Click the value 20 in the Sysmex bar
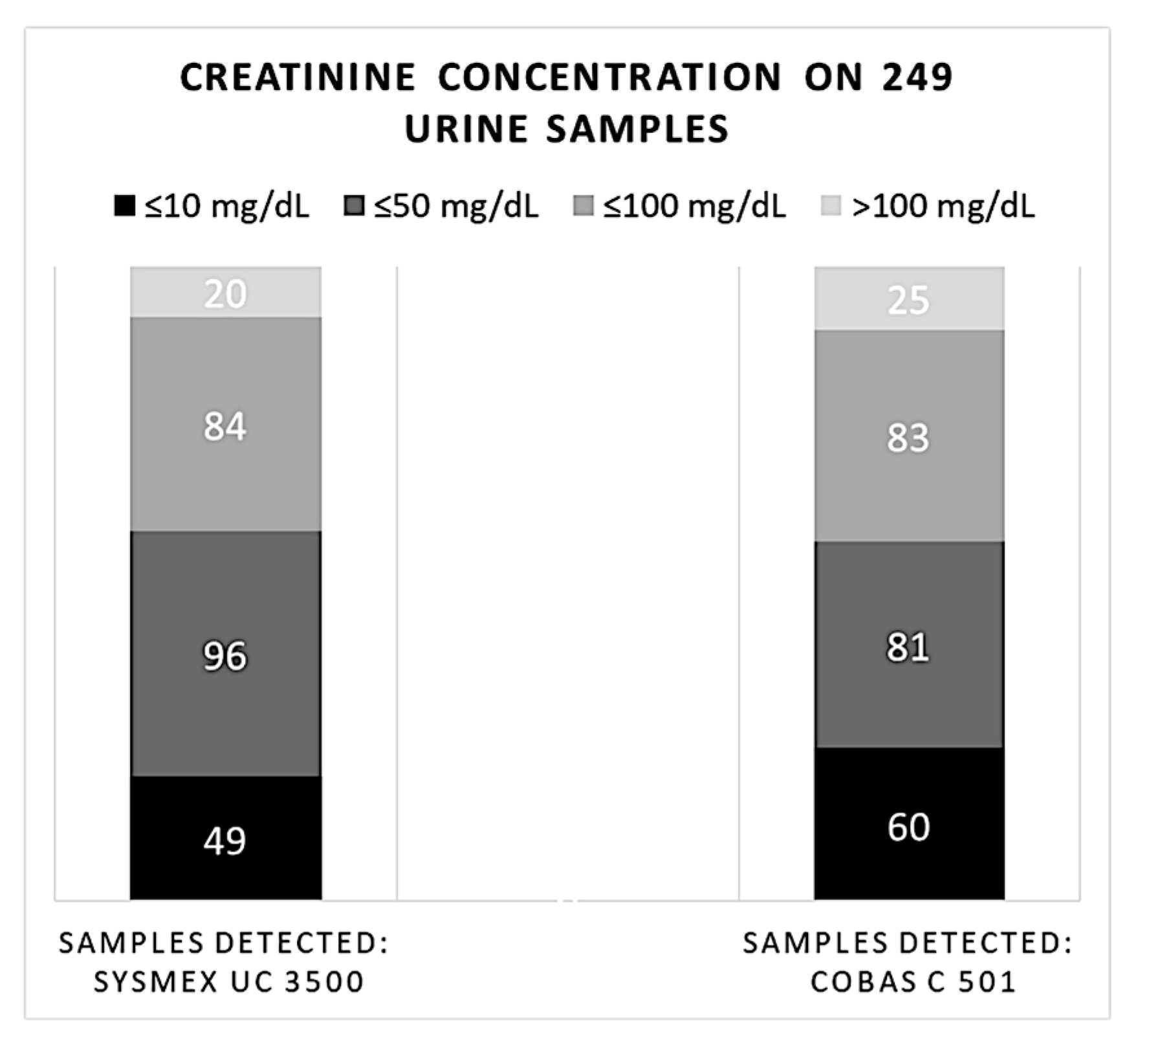(225, 294)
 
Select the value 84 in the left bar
(225, 427)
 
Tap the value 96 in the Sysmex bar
(225, 656)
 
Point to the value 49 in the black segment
(225, 842)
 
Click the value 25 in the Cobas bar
(908, 300)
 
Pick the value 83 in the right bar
(908, 438)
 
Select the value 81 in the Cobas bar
(908, 647)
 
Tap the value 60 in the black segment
(908, 827)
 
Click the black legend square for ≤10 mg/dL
(124, 206)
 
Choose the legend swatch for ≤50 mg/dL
(354, 206)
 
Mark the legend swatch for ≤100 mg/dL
(584, 206)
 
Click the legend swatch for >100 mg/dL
(831, 206)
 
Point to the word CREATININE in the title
(298, 77)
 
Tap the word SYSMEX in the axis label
(156, 981)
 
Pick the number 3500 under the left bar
(323, 981)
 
